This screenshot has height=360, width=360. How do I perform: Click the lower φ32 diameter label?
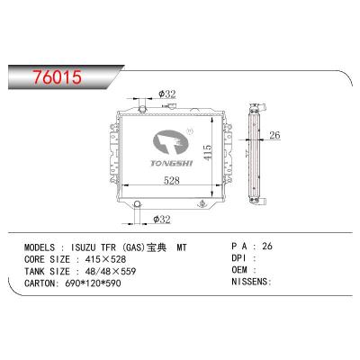tap(165, 219)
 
